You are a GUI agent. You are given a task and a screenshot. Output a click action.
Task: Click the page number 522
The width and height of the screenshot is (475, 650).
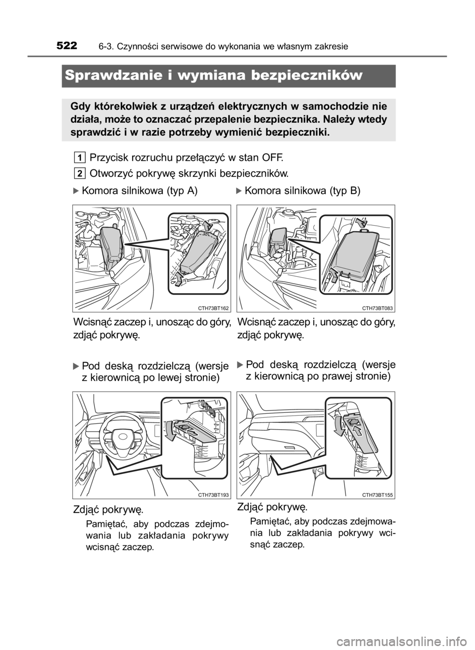coord(67,46)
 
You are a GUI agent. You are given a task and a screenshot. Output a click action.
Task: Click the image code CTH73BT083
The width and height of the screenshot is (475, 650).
coord(377,308)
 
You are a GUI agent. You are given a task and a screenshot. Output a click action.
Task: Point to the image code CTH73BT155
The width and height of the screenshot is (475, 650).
coord(377,496)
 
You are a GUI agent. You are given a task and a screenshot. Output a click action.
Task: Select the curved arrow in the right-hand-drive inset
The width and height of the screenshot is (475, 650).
coord(338,430)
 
